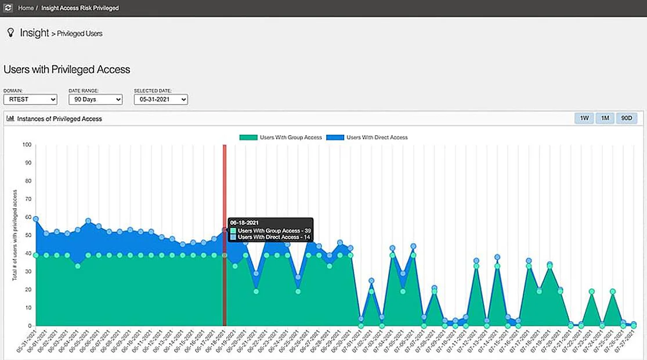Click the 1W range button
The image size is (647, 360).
pos(584,118)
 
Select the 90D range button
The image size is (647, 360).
pos(627,118)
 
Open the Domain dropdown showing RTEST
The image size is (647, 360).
pos(30,100)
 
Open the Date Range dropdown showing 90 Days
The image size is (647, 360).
pos(95,100)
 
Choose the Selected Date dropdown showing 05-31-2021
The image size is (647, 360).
pos(161,100)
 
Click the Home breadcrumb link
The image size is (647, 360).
pos(26,8)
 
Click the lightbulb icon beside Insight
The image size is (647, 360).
pos(10,33)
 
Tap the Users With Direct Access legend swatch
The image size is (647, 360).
pos(335,138)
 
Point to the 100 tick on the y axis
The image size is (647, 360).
pos(26,145)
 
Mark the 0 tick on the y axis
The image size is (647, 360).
pos(29,326)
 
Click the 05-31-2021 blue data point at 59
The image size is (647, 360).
pos(36,219)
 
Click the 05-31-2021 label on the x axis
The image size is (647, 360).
pos(27,343)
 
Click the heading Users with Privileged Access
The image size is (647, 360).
pos(67,70)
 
